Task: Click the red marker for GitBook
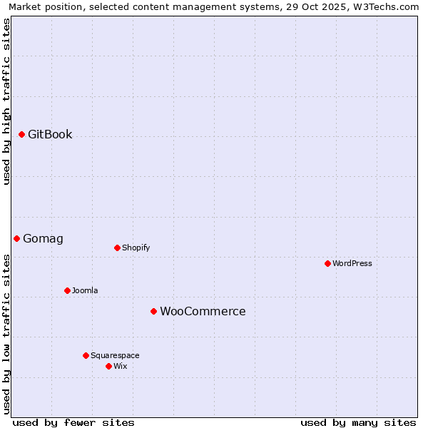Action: click(x=21, y=134)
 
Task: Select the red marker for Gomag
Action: click(x=16, y=238)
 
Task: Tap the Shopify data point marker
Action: click(x=117, y=248)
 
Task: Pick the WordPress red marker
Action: click(x=327, y=263)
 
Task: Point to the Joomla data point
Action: click(x=67, y=290)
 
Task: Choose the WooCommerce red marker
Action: click(x=153, y=311)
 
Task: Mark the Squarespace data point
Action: click(x=86, y=355)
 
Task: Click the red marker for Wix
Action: click(x=108, y=366)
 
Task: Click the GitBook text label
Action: click(x=50, y=134)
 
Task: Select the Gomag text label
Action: click(x=43, y=238)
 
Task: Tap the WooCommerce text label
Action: click(x=203, y=311)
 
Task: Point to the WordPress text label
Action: click(x=352, y=263)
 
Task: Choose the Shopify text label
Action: click(x=136, y=248)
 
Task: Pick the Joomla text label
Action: click(x=85, y=290)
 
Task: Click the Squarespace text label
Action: click(x=115, y=355)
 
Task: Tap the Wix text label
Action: click(x=120, y=366)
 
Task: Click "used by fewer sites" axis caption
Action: click(x=73, y=422)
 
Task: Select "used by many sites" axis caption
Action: click(x=358, y=422)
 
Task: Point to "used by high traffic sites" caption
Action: click(x=6, y=101)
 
